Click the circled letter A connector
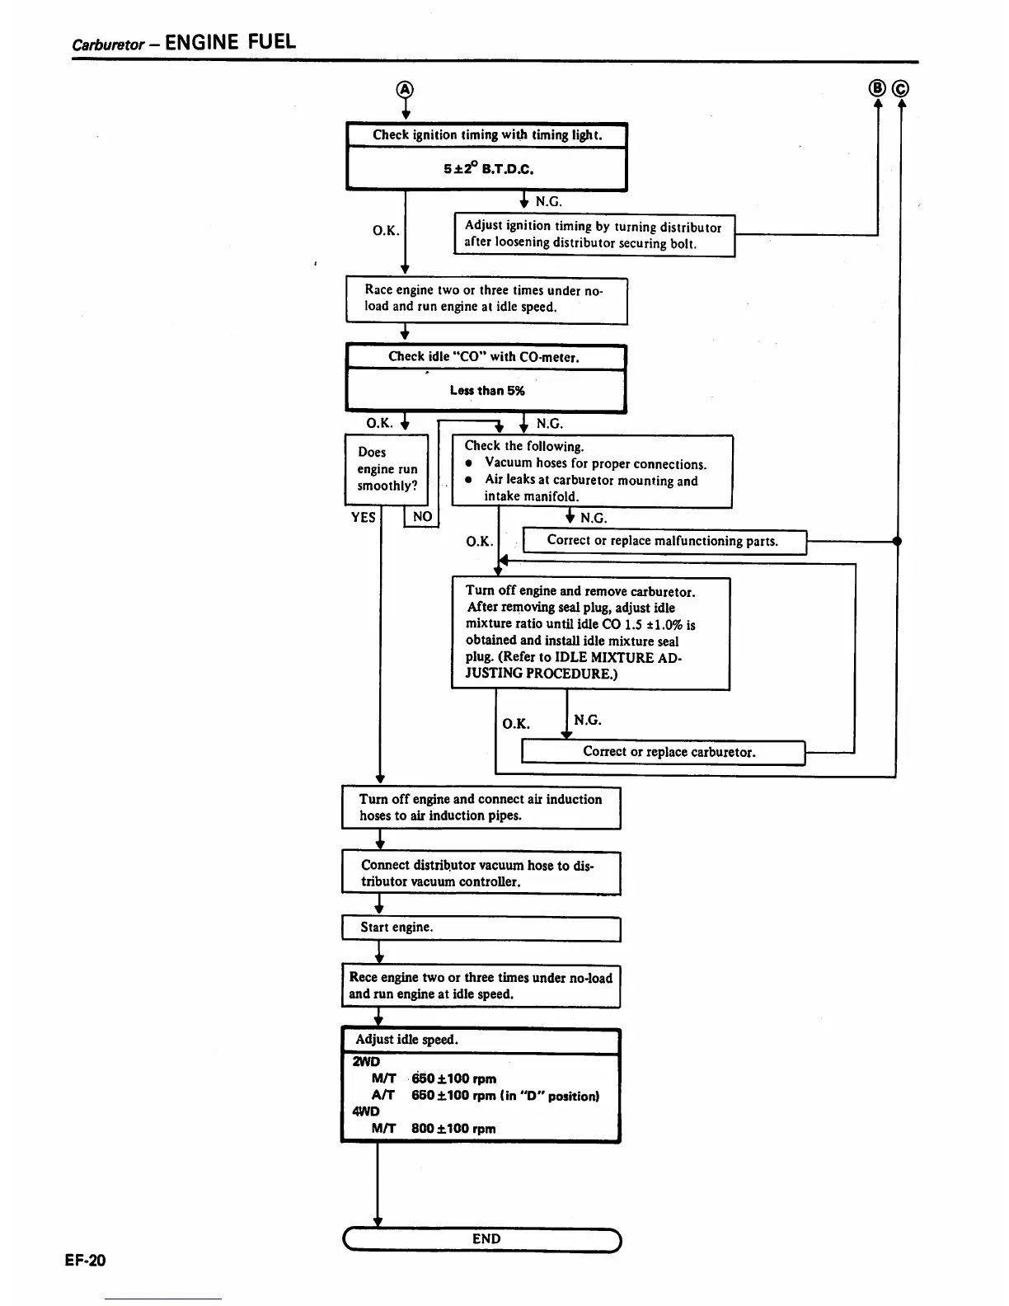404,89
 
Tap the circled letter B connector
877,88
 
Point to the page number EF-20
86,1260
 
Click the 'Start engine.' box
481,928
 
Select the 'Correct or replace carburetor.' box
664,751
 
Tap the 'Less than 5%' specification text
486,390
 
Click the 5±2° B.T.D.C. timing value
488,169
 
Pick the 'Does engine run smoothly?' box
387,469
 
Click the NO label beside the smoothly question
422,516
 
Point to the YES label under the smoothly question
364,517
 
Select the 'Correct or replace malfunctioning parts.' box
664,541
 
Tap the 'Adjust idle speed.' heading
406,1040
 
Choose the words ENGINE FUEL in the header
230,42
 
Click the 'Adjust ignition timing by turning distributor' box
594,234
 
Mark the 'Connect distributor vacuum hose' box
481,873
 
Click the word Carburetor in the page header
108,45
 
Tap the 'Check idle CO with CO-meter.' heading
484,357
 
